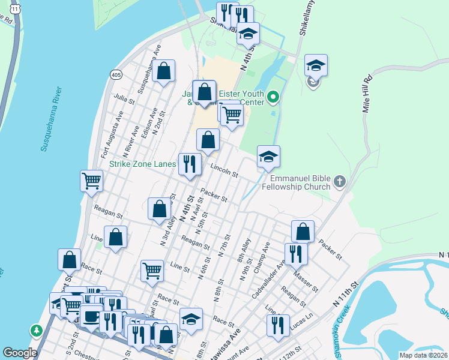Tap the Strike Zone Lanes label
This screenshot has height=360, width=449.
[x=143, y=163]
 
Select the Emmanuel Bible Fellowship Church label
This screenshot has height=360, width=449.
[x=300, y=182]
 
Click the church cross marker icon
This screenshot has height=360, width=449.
[x=340, y=181]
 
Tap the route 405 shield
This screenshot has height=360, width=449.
[x=116, y=74]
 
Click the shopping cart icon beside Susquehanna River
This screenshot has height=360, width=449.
[x=91, y=180]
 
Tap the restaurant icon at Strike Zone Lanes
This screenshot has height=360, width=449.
[x=190, y=163]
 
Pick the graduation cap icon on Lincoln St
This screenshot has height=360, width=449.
[x=268, y=157]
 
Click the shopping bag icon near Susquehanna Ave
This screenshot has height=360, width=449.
[x=163, y=71]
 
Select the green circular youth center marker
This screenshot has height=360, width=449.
[x=273, y=96]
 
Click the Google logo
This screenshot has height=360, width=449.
[x=20, y=353]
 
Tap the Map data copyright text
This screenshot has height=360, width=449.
[x=423, y=355]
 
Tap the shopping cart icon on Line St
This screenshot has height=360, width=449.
[x=152, y=271]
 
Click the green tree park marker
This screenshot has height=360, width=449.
[x=37, y=330]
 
